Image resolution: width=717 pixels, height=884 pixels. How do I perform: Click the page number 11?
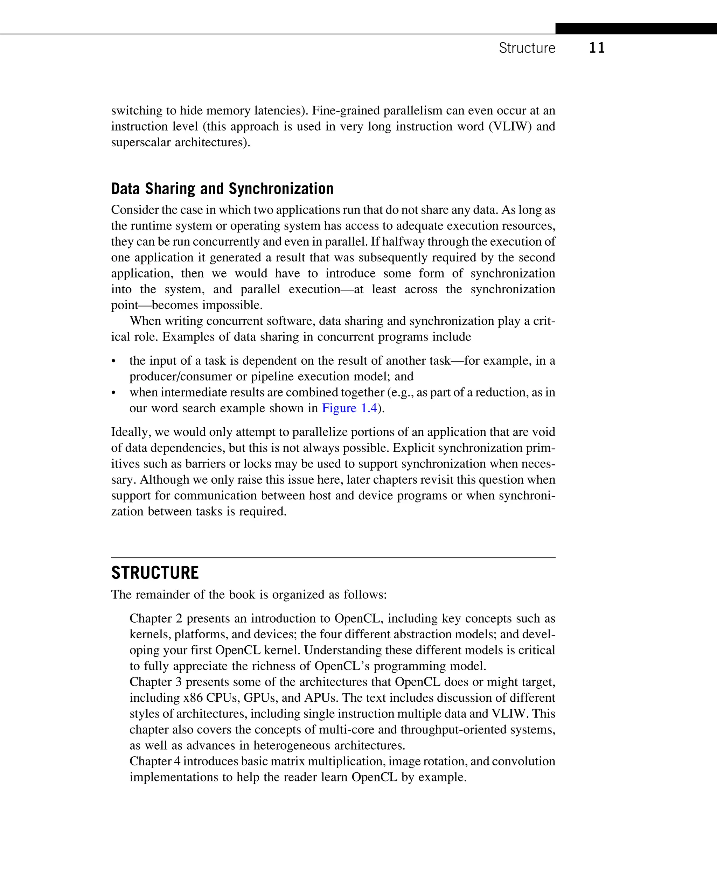click(x=597, y=48)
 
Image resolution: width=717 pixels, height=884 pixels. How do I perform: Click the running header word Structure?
click(x=527, y=48)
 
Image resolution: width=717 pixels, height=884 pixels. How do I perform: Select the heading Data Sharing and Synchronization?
click(x=222, y=189)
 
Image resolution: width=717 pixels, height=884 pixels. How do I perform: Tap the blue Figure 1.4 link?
click(x=349, y=408)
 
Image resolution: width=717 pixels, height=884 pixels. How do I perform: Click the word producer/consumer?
click(x=182, y=377)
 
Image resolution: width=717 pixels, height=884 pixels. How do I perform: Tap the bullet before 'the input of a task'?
click(x=113, y=361)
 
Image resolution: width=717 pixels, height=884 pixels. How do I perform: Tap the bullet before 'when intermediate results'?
click(x=113, y=393)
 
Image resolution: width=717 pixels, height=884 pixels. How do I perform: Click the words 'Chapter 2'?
click(x=156, y=618)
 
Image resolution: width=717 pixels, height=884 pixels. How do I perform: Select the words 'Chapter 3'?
click(x=155, y=682)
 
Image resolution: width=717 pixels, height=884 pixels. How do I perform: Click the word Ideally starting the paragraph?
click(x=131, y=432)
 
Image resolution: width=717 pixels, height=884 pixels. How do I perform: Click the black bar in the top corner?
click(x=636, y=28)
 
